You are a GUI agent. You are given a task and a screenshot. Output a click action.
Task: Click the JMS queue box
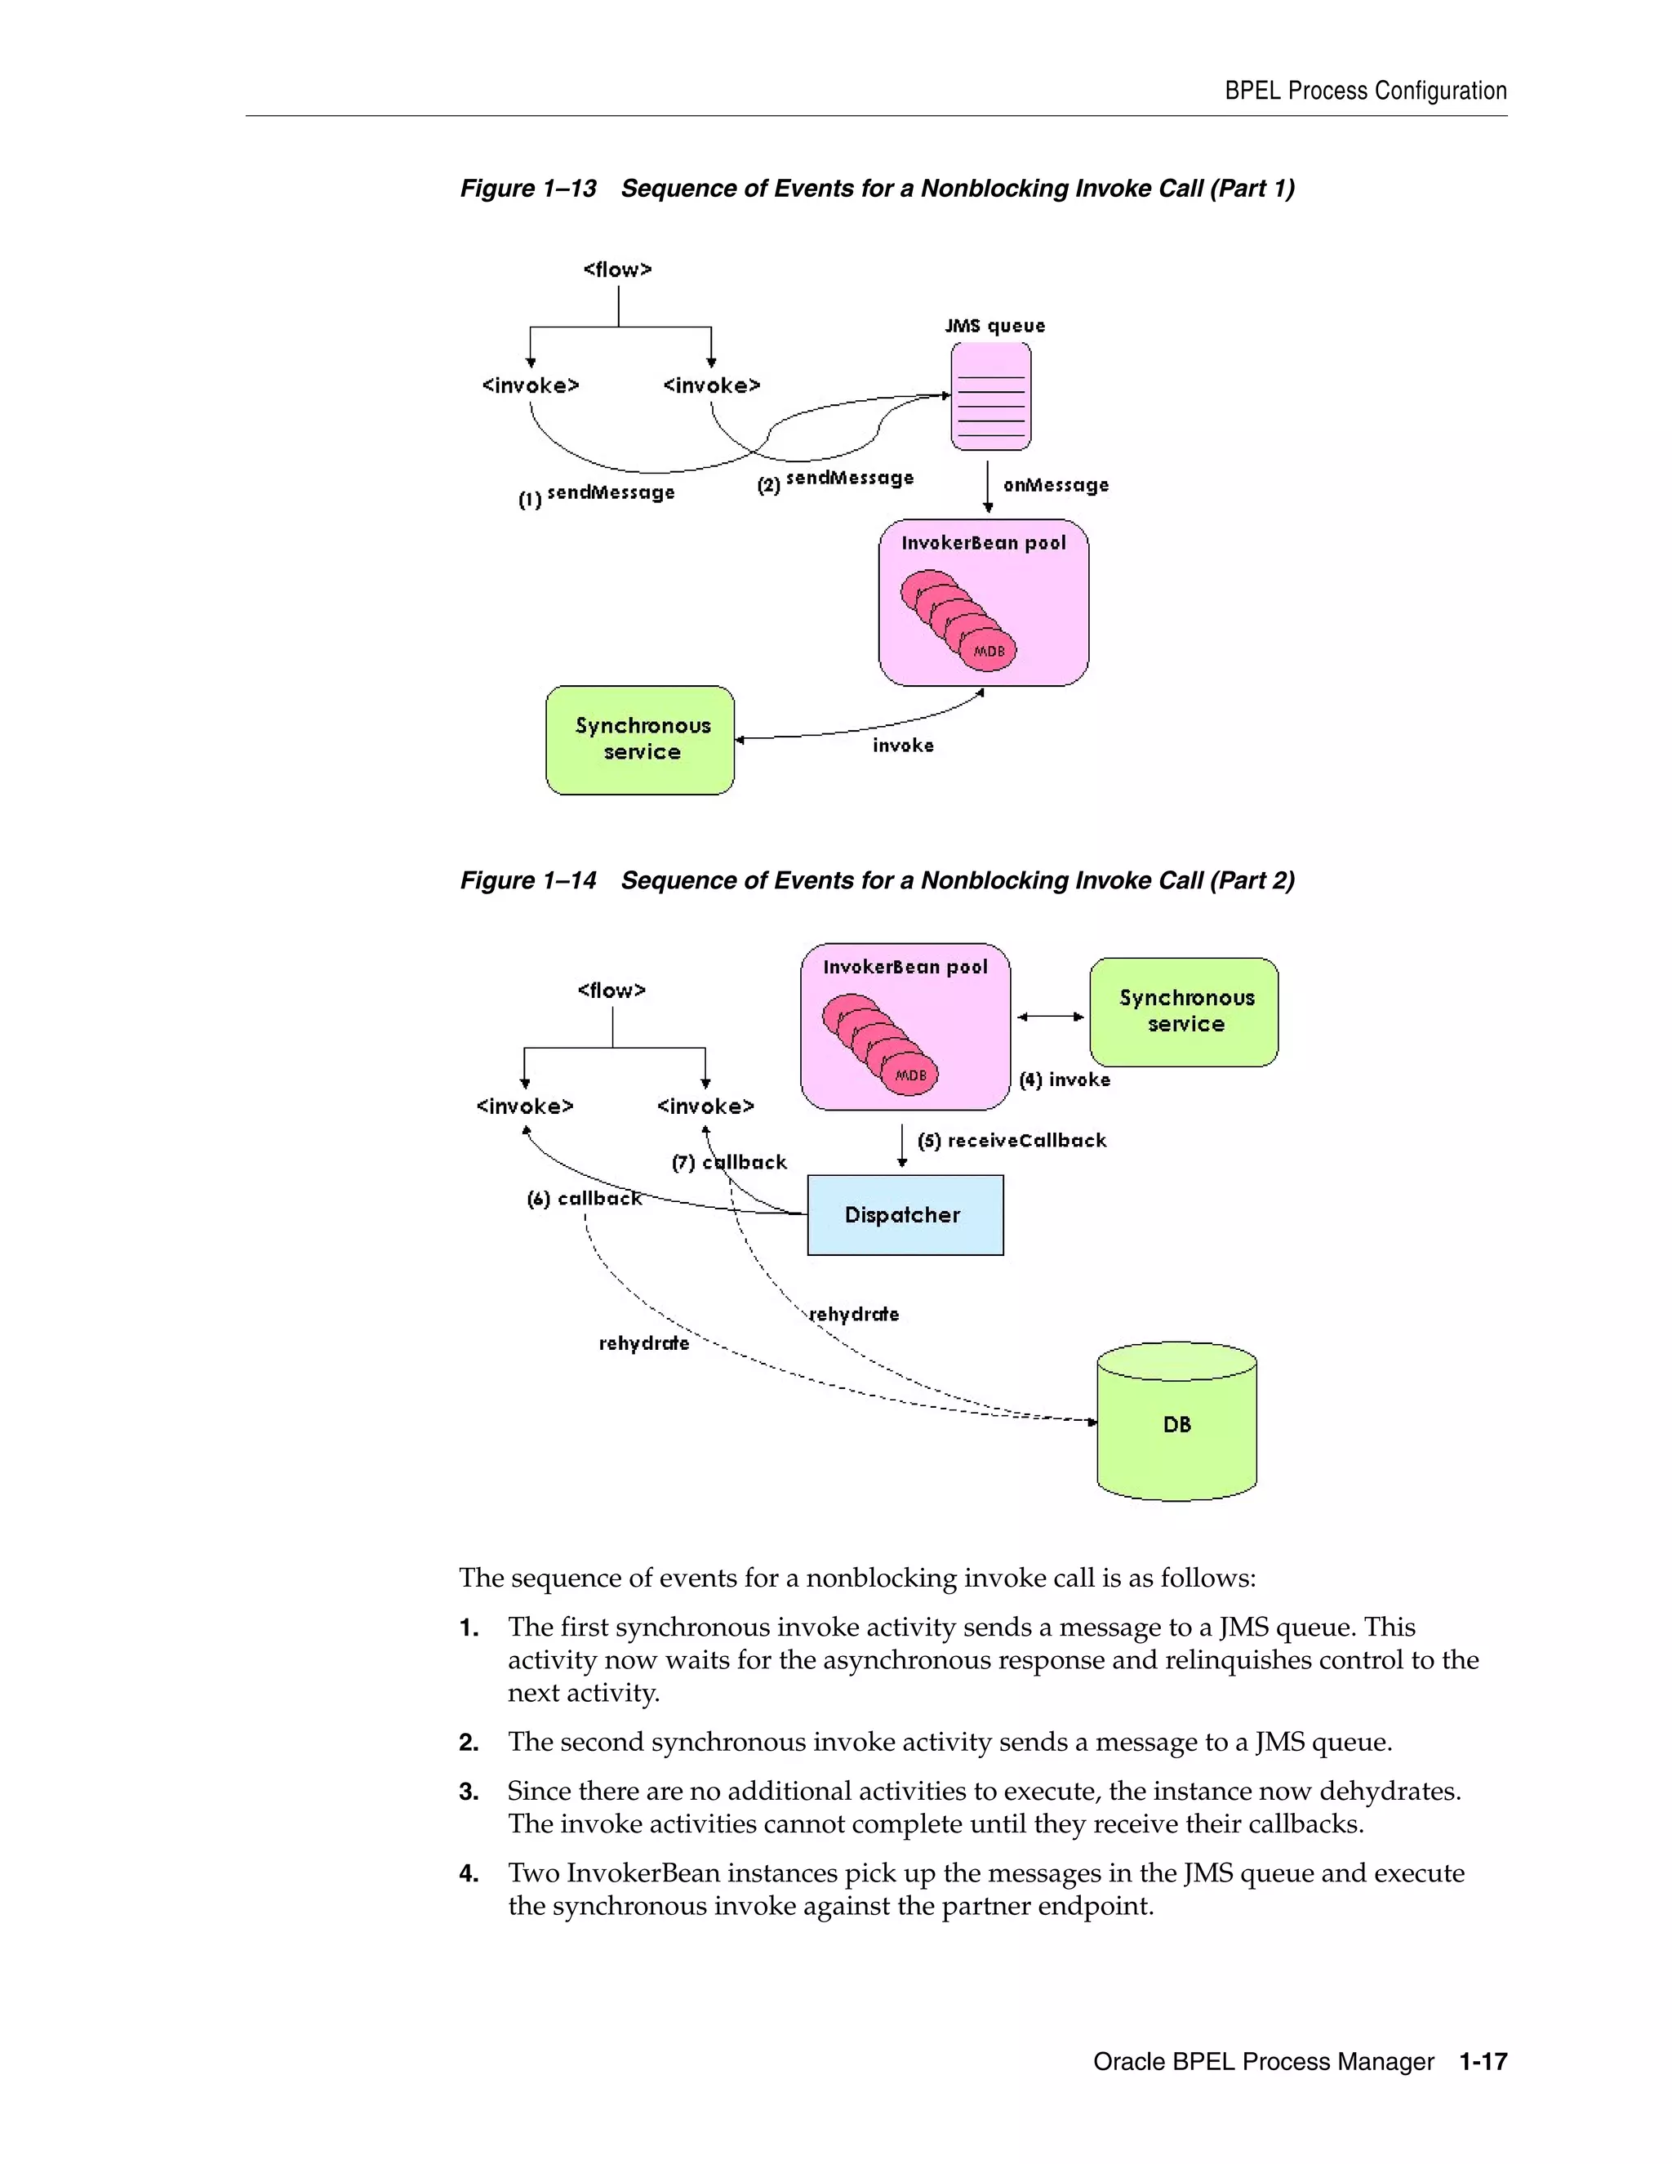point(990,396)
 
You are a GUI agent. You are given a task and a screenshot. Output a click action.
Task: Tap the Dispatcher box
point(905,1215)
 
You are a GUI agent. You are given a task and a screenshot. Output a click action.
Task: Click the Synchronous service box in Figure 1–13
point(641,739)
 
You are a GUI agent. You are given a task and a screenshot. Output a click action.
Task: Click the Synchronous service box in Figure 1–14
point(1185,1012)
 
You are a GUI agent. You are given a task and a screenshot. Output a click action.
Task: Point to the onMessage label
point(1056,484)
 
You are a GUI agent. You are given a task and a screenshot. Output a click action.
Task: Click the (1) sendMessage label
point(598,493)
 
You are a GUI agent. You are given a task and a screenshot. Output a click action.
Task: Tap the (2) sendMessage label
point(835,479)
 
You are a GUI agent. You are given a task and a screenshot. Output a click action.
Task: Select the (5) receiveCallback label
point(1012,1141)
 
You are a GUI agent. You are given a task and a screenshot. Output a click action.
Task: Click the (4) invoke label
point(1065,1080)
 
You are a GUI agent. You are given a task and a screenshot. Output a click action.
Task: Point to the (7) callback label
point(729,1162)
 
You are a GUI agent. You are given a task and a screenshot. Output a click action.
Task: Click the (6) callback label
point(585,1199)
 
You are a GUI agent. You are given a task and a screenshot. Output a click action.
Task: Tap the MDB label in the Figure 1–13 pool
point(989,651)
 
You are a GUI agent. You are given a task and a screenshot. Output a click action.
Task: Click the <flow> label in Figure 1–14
point(611,990)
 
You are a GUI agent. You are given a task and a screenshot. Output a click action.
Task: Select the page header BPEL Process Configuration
point(1365,91)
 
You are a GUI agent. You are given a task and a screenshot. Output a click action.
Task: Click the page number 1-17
point(1483,2062)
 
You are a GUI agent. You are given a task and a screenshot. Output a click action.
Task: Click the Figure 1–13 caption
point(877,189)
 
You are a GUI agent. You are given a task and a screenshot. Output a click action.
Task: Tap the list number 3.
point(469,1792)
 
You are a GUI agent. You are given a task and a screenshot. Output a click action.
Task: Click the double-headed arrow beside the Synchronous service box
point(1050,1017)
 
